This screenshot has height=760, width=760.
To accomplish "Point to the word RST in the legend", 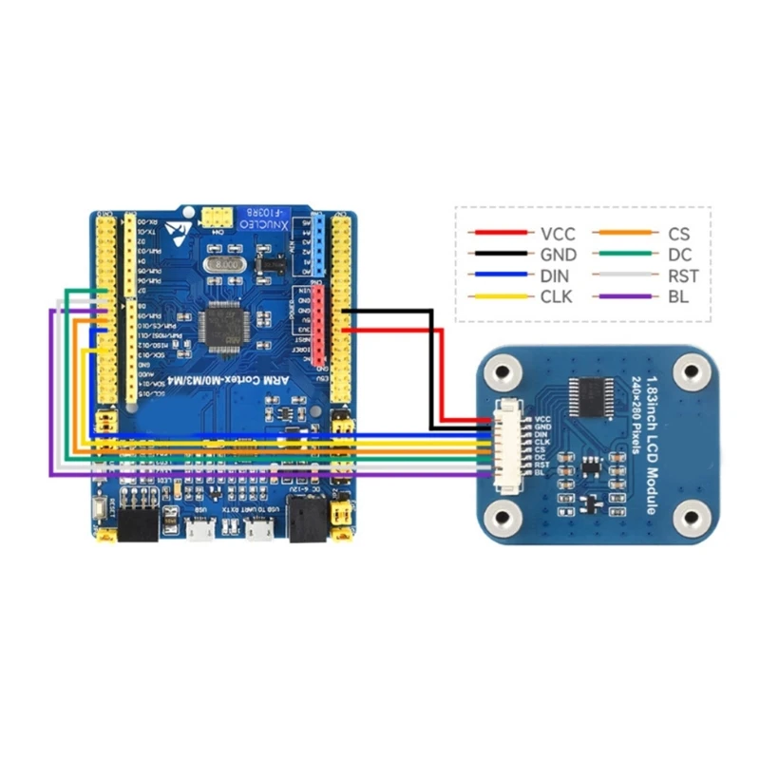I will tap(683, 275).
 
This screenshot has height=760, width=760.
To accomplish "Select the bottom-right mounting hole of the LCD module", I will tap(693, 518).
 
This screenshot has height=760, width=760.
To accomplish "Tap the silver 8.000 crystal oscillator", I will tap(229, 263).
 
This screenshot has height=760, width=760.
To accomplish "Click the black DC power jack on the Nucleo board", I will tap(306, 522).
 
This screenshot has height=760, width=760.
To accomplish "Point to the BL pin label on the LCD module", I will tap(540, 472).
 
